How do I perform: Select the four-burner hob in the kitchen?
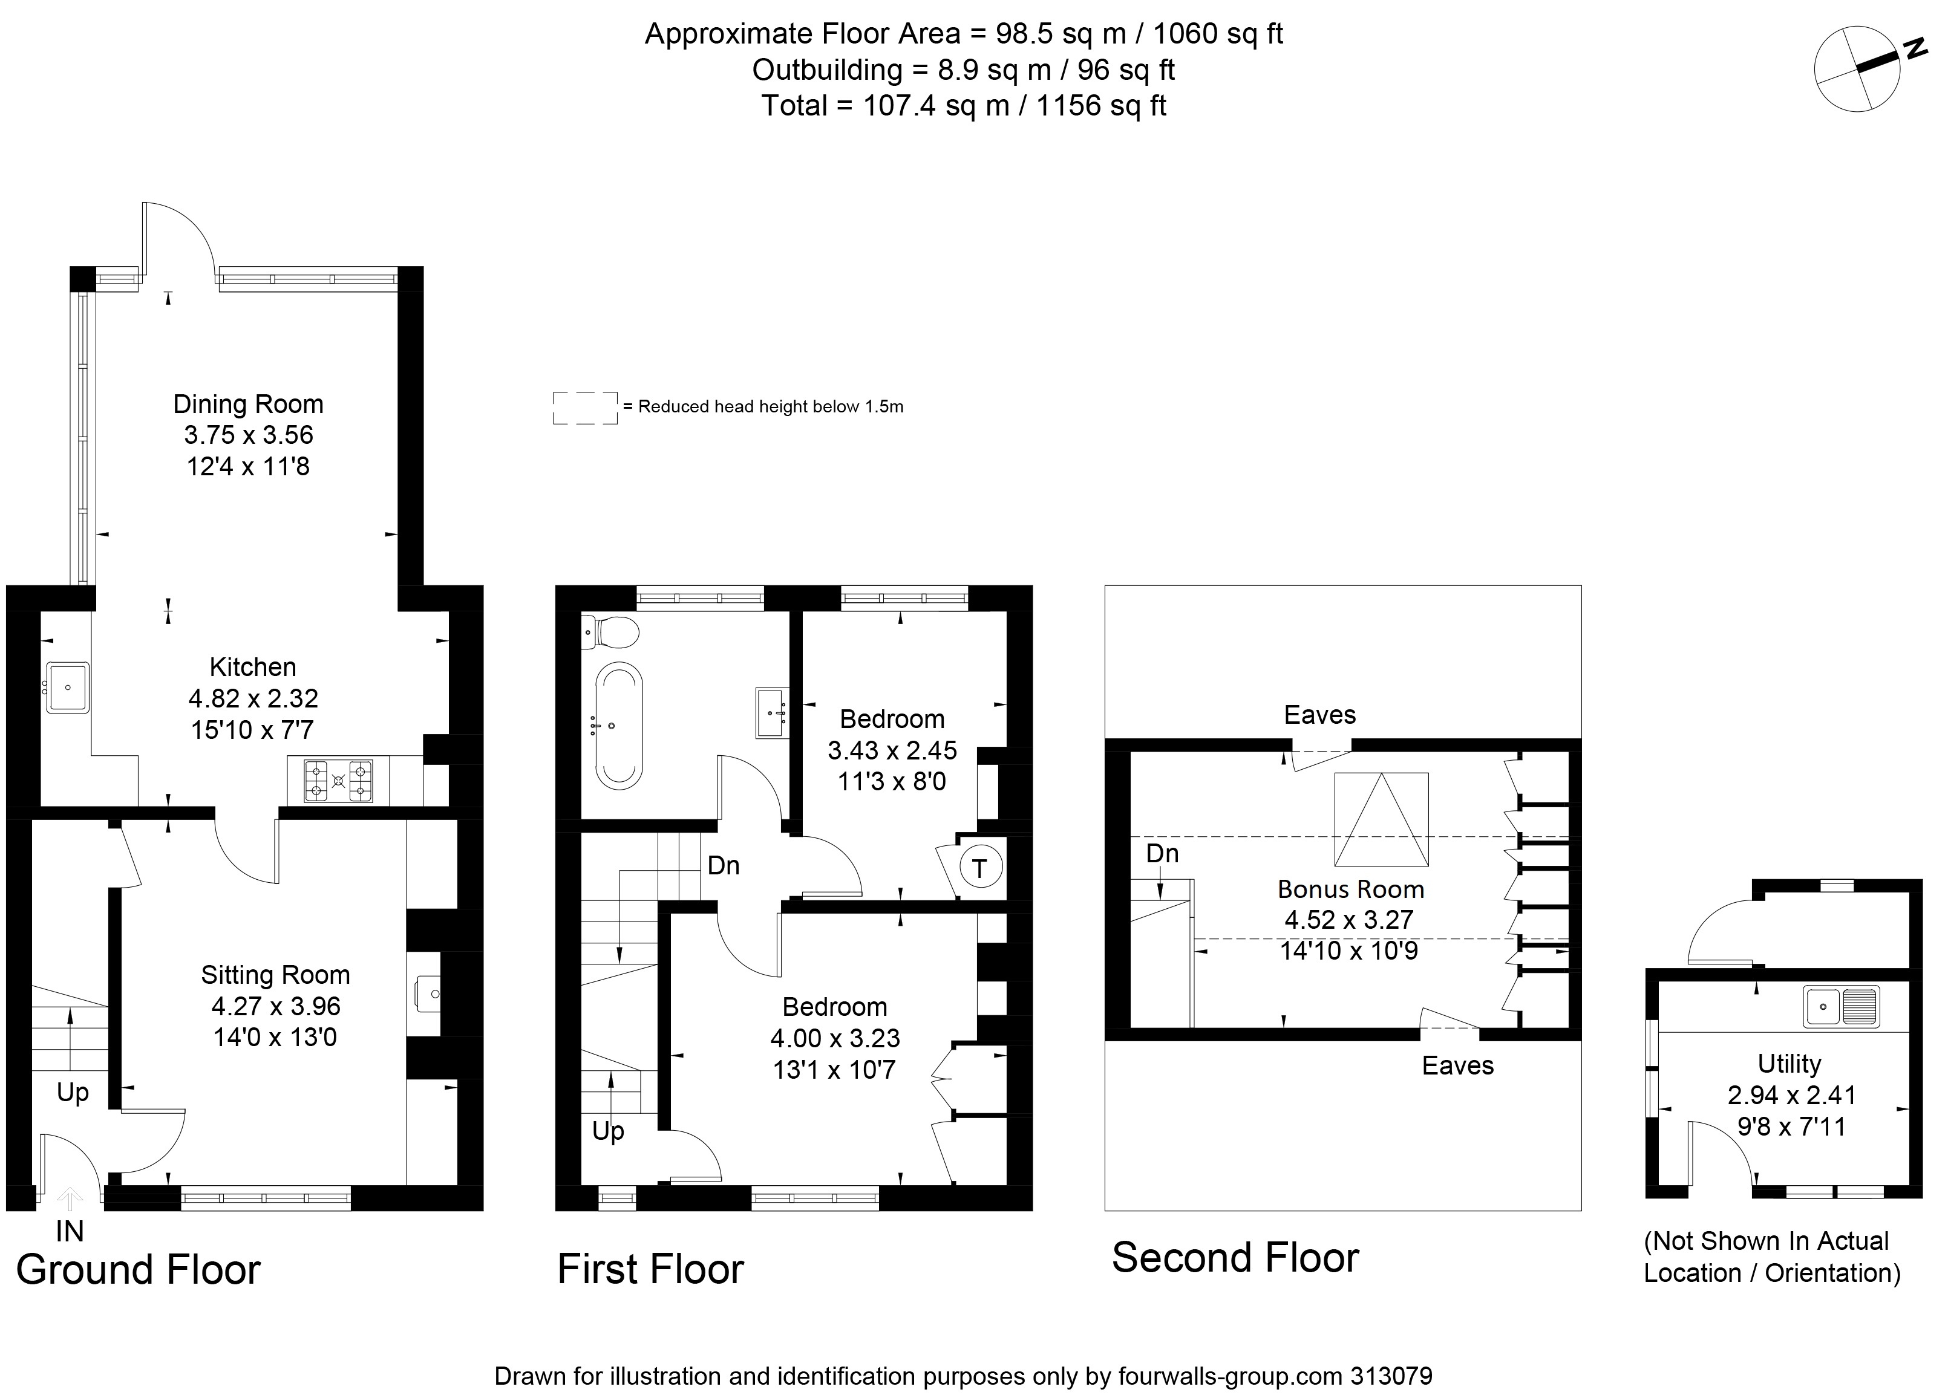[x=338, y=781]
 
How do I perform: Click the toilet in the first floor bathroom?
[x=612, y=633]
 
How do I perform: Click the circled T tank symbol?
[x=979, y=868]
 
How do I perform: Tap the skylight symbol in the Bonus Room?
[x=1381, y=819]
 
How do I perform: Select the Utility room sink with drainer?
[x=1842, y=1006]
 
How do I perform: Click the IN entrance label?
[x=70, y=1231]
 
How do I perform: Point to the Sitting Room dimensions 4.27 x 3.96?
[x=276, y=1006]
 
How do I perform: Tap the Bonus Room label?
[x=1350, y=889]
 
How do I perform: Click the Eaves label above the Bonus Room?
[x=1319, y=715]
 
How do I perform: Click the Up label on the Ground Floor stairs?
[x=73, y=1092]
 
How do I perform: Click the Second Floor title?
[x=1235, y=1258]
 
